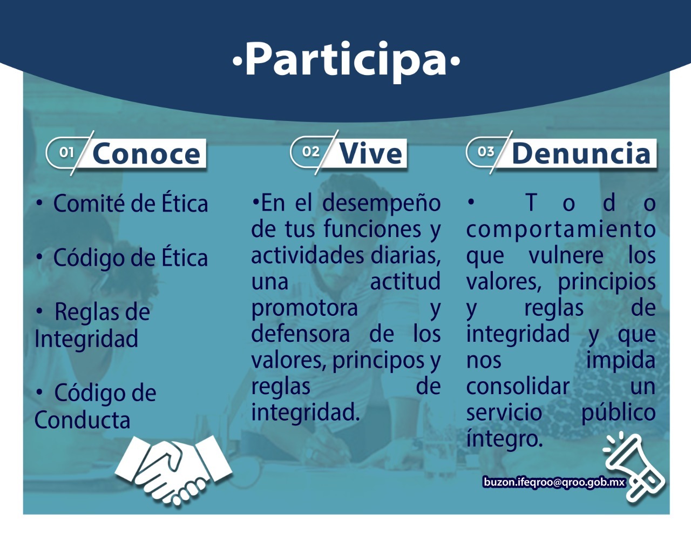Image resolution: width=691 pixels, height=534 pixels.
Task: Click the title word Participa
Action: click(346, 60)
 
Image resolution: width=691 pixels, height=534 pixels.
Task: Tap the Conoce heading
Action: click(146, 154)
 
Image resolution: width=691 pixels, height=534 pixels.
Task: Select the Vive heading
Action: click(371, 153)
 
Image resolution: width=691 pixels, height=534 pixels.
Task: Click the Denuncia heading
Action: click(581, 153)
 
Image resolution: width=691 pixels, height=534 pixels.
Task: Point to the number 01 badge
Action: click(67, 152)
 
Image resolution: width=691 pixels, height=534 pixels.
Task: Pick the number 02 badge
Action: click(310, 152)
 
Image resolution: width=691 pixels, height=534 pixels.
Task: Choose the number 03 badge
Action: click(486, 152)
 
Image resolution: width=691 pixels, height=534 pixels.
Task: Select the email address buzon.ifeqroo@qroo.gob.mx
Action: click(554, 482)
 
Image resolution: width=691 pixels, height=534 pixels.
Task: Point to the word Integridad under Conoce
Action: click(86, 339)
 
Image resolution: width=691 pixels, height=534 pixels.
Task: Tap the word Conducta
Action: click(83, 420)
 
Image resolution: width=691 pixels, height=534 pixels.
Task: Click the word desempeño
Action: click(382, 204)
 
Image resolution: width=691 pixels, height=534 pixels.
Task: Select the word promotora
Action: click(304, 308)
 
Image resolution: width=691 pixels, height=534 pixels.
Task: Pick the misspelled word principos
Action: click(378, 361)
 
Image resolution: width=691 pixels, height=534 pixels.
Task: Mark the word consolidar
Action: click(518, 387)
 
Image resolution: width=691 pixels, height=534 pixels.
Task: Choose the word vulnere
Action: click(566, 255)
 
